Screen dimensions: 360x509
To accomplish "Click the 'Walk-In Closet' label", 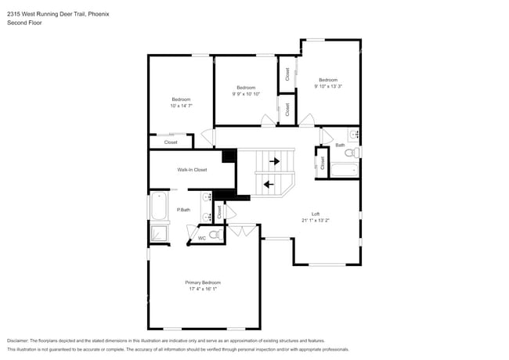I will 192,170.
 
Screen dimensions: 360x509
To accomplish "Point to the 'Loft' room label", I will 316,214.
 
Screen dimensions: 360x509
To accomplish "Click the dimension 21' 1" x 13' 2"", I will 316,221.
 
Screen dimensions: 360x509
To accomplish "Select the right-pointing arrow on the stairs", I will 274,162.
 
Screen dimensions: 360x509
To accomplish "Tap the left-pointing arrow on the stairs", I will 269,185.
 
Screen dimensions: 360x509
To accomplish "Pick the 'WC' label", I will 202,238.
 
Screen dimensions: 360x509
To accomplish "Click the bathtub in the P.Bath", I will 159,208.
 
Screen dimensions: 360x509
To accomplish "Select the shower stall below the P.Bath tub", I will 159,233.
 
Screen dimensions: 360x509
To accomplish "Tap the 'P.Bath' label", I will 184,210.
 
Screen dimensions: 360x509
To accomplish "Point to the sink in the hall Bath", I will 353,135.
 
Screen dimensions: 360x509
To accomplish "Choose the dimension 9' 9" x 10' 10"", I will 246,94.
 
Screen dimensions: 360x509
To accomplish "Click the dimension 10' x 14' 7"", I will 182,106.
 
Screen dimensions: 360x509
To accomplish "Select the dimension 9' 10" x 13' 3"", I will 328,87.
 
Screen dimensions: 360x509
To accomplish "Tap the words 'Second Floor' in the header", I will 24,23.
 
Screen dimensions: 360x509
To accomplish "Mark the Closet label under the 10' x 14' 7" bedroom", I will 171,142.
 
